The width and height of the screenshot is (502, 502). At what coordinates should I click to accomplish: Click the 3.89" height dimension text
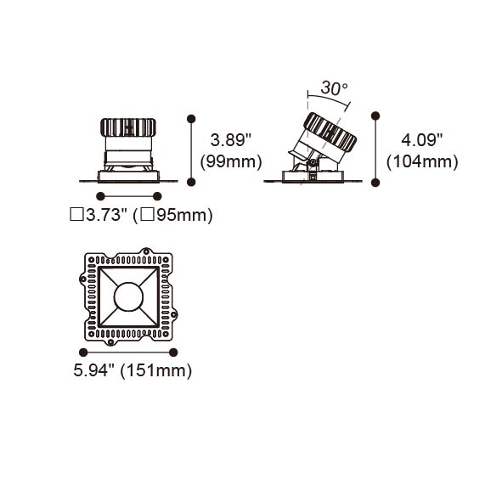231,140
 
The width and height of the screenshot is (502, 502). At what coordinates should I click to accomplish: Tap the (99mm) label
231,161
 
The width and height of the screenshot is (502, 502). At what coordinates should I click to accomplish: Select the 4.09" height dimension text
421,140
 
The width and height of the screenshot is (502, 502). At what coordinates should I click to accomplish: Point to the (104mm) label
422,161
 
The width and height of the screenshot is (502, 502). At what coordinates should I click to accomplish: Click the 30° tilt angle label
334,88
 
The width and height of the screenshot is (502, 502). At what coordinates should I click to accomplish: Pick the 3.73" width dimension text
107,215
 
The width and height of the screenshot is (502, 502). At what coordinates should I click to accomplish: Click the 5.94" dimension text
93,370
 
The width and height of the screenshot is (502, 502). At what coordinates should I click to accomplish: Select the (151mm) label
156,370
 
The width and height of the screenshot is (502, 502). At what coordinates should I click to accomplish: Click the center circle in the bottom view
128,296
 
